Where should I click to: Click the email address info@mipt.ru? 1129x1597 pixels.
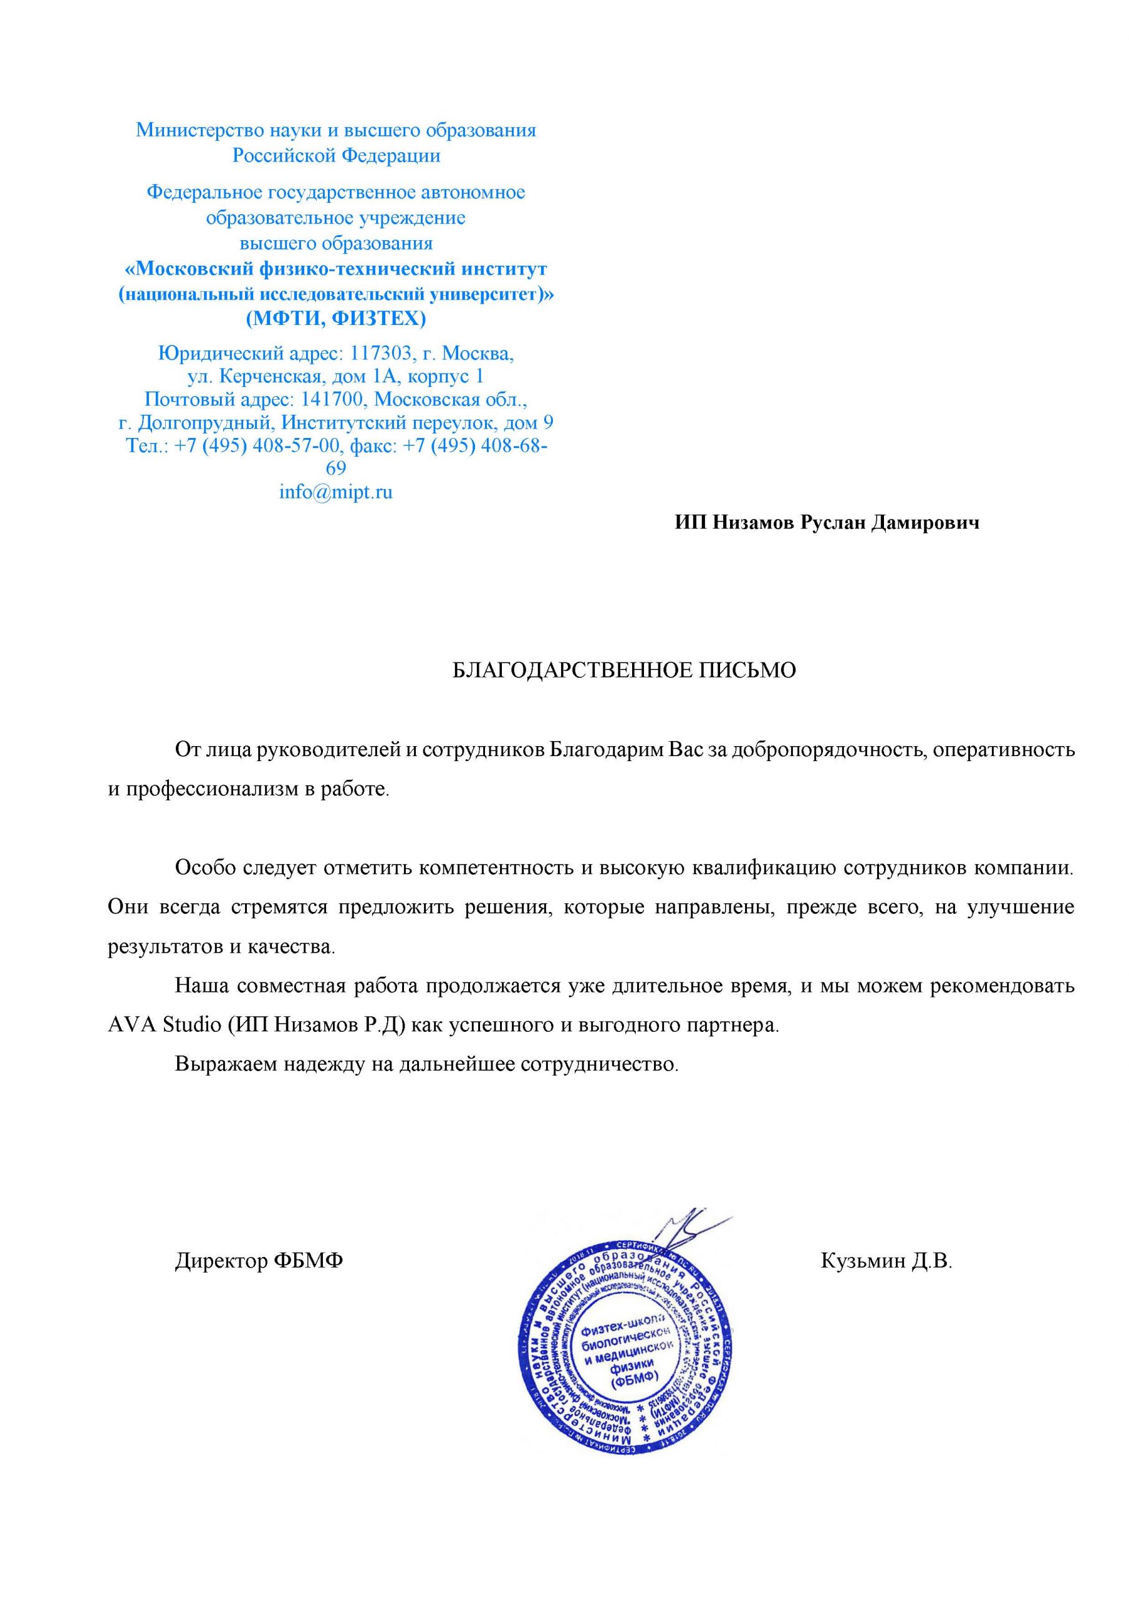tap(336, 492)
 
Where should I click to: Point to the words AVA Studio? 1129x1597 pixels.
tap(164, 1025)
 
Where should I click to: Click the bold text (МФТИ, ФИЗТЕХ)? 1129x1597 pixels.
tap(336, 319)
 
